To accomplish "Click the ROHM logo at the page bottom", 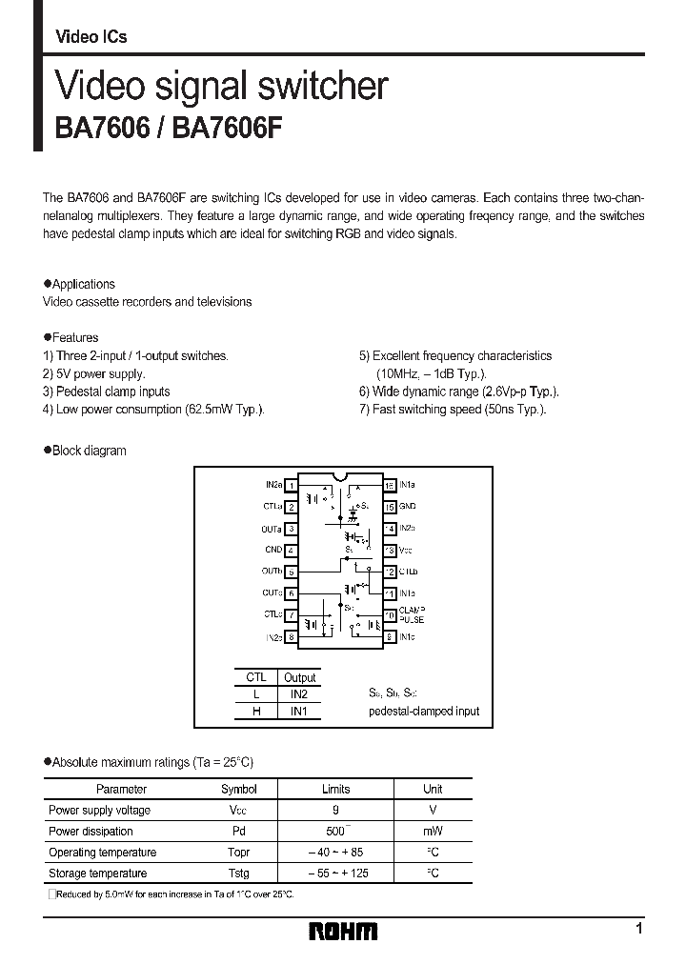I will pyautogui.click(x=343, y=932).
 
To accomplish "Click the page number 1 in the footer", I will pyautogui.click(x=638, y=928).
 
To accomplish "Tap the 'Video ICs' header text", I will pyautogui.click(x=91, y=37).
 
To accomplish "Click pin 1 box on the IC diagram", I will pyautogui.click(x=292, y=486).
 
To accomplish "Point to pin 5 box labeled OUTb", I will pyautogui.click(x=292, y=572).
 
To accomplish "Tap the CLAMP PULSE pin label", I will pyautogui.click(x=413, y=614).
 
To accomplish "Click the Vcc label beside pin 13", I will pyautogui.click(x=405, y=551).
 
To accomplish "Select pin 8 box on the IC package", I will pyautogui.click(x=292, y=636).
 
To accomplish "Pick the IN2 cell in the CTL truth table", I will pyautogui.click(x=298, y=694).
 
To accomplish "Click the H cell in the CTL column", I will pyautogui.click(x=255, y=712).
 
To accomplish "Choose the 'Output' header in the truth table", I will pyautogui.click(x=298, y=677).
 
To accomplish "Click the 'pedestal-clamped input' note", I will pyautogui.click(x=424, y=712).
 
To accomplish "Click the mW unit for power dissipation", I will pyautogui.click(x=433, y=831).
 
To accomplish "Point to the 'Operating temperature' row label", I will pyautogui.click(x=102, y=852).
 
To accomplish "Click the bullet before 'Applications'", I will pyautogui.click(x=48, y=284).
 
